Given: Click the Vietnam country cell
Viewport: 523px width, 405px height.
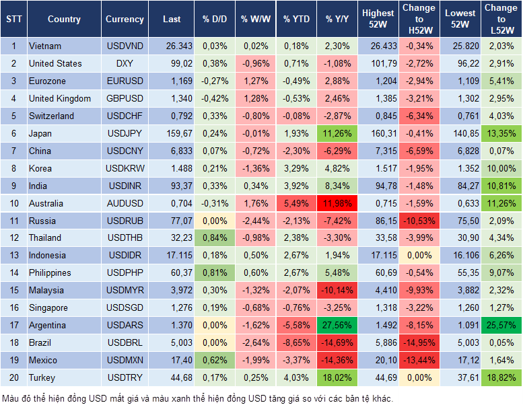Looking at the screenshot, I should (45, 46).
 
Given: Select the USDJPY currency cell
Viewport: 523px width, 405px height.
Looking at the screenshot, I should (125, 133).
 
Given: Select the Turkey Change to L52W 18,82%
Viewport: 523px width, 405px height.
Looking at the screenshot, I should (502, 377).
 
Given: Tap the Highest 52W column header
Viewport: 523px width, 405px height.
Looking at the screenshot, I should (378, 19).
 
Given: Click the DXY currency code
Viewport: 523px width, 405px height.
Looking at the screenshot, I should (125, 63).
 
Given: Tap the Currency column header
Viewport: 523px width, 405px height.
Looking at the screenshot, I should (125, 20).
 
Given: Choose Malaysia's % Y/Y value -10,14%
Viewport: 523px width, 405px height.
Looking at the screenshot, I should (337, 290).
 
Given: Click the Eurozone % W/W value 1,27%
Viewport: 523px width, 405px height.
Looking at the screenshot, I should (254, 81).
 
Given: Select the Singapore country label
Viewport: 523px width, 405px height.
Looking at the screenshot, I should (48, 307).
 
